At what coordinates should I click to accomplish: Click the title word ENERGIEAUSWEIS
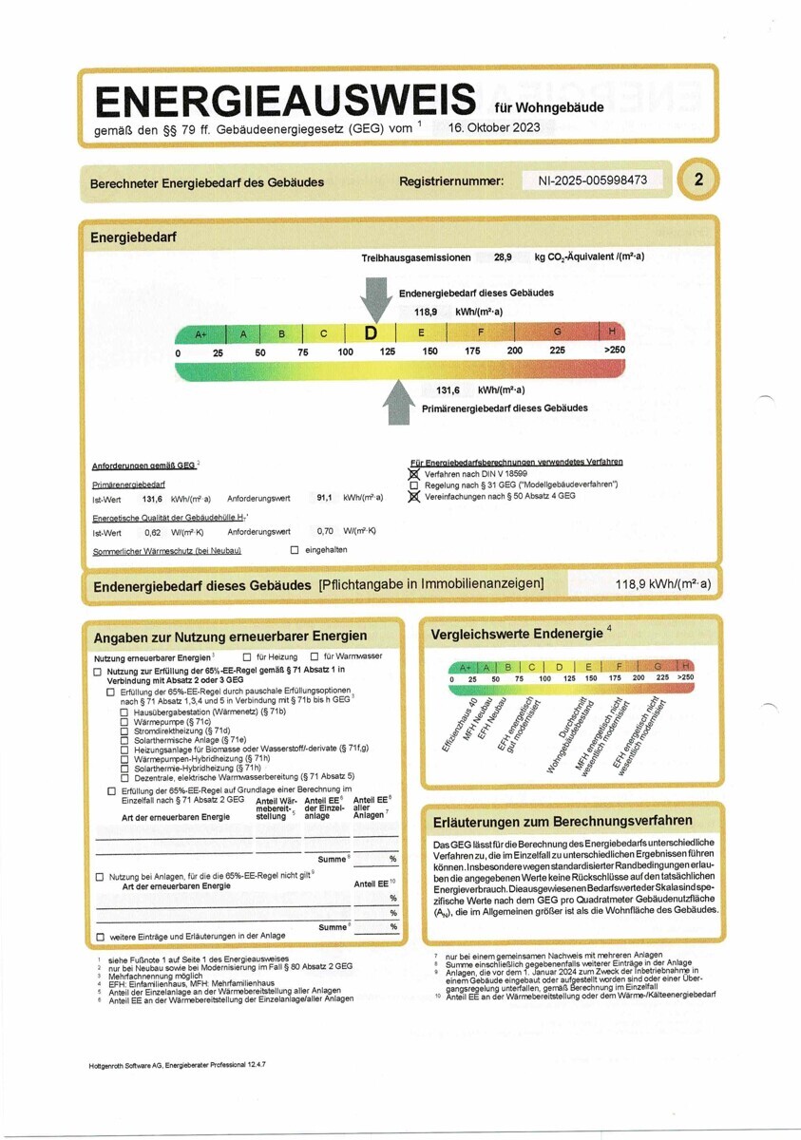coord(284,100)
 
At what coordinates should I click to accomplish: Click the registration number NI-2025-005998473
coord(586,180)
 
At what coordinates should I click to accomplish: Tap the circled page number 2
coord(699,180)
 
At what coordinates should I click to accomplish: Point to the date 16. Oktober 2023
coord(494,127)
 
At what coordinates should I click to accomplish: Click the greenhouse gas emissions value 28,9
coord(503,257)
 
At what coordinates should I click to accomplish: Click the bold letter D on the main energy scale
coord(372,333)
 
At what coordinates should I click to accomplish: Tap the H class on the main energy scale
coord(611,332)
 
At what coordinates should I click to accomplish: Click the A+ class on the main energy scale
coord(200,334)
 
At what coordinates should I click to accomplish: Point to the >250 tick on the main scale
coord(614,351)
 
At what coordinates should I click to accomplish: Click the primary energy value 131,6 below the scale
coord(448,390)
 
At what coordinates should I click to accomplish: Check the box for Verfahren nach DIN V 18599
coord(412,473)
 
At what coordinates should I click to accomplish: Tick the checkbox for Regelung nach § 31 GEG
coord(412,484)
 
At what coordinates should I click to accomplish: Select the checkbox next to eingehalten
coord(295,550)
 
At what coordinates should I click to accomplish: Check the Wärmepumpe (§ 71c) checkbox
coord(124,722)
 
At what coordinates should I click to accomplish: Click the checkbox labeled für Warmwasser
coord(315,656)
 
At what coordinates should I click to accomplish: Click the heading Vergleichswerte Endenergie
coord(516,634)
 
